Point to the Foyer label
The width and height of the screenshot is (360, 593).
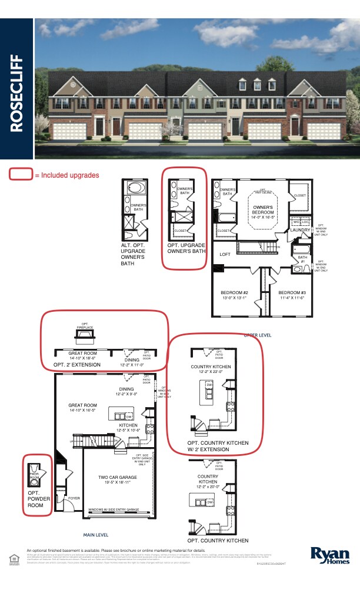tap(74, 498)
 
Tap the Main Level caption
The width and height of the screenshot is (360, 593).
tap(96, 535)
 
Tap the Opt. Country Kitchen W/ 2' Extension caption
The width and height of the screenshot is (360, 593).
tap(218, 446)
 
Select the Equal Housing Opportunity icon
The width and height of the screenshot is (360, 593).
tap(13, 557)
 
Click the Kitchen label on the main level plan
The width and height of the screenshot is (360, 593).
tap(128, 425)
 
